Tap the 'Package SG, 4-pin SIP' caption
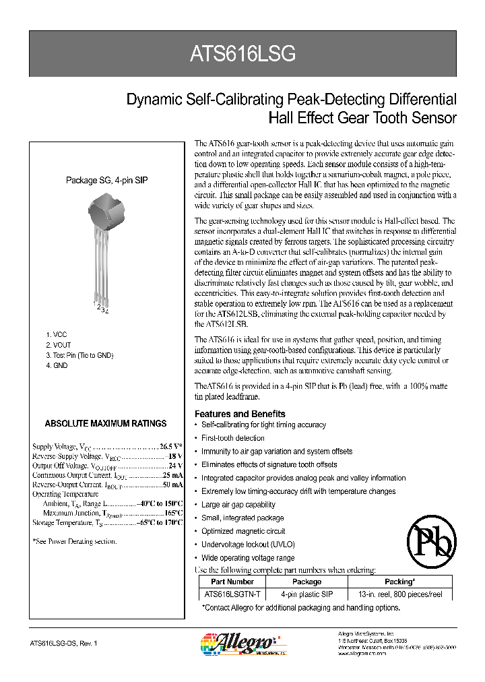point(106,181)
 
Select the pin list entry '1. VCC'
point(57,335)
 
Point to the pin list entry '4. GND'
point(57,365)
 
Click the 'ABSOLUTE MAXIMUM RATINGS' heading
point(105,424)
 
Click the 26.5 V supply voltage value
point(171,446)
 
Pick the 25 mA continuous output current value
point(173,475)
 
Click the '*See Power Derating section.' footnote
point(74,541)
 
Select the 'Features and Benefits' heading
point(240,414)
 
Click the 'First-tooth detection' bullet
point(233,438)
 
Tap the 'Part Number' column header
point(232,582)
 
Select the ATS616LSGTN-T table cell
point(232,594)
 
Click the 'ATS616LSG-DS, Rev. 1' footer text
point(64,644)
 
